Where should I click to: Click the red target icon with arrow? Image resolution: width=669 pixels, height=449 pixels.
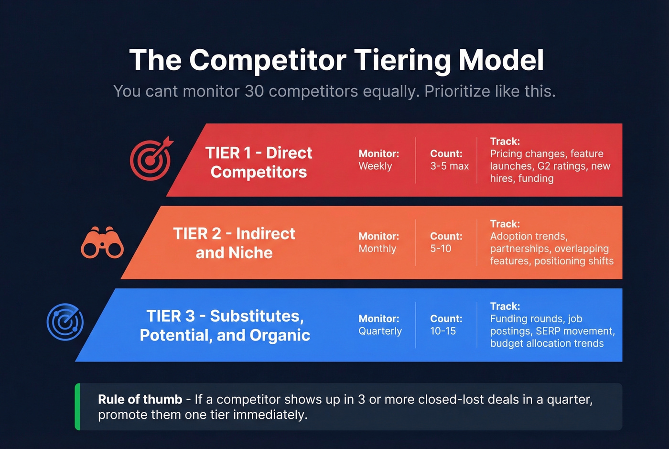151,159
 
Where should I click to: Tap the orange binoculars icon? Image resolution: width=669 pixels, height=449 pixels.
102,243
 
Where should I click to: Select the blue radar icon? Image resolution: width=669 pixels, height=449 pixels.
65,322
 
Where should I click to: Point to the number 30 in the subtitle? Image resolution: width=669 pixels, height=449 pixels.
254,91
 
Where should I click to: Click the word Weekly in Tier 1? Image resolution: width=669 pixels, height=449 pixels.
375,166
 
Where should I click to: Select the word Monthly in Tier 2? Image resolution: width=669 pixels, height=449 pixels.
377,249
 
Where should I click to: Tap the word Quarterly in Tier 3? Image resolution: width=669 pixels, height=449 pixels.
380,331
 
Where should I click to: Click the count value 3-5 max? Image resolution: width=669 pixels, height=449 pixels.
449,166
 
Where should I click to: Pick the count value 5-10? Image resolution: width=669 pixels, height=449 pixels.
441,249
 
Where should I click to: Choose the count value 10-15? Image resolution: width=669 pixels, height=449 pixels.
443,331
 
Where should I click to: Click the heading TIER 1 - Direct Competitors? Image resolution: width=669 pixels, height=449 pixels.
259,162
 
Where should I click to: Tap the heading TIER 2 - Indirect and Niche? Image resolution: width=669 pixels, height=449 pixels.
234,243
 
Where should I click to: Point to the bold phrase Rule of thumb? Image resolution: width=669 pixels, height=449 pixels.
140,399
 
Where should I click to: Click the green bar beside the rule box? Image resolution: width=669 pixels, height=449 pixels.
77,407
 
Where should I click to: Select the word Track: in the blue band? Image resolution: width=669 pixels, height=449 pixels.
505,306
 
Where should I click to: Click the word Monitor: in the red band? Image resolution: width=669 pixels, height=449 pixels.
378,153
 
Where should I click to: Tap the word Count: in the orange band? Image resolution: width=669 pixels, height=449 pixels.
446,236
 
